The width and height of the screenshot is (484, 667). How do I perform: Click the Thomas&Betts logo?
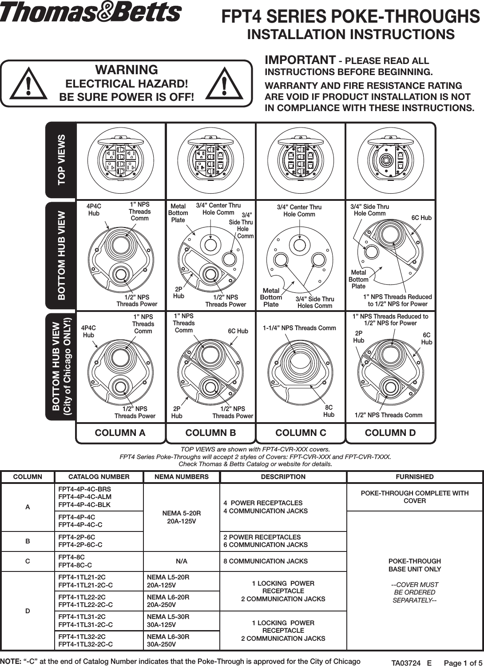pos(91,12)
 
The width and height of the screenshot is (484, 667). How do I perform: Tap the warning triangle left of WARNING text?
pos(28,83)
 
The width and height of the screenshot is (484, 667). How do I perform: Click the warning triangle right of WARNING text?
pos(225,83)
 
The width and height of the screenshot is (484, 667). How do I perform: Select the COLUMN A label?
pos(120,433)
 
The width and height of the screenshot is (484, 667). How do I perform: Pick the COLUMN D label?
pos(390,433)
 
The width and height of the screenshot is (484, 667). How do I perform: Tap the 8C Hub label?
pos(329,411)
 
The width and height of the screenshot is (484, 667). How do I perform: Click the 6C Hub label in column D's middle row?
pos(421,218)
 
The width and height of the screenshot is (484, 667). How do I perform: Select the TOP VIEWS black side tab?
pos(61,160)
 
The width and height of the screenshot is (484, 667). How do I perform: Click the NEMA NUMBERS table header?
pos(181,477)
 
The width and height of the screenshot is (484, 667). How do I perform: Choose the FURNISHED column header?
pos(414,477)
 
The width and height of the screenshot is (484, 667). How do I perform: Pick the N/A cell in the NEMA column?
pos(181,561)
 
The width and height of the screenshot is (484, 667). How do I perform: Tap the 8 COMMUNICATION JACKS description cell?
pos(266,561)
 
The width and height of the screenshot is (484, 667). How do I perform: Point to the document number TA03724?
pos(406,663)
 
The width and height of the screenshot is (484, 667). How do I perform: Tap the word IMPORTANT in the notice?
pos(300,60)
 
